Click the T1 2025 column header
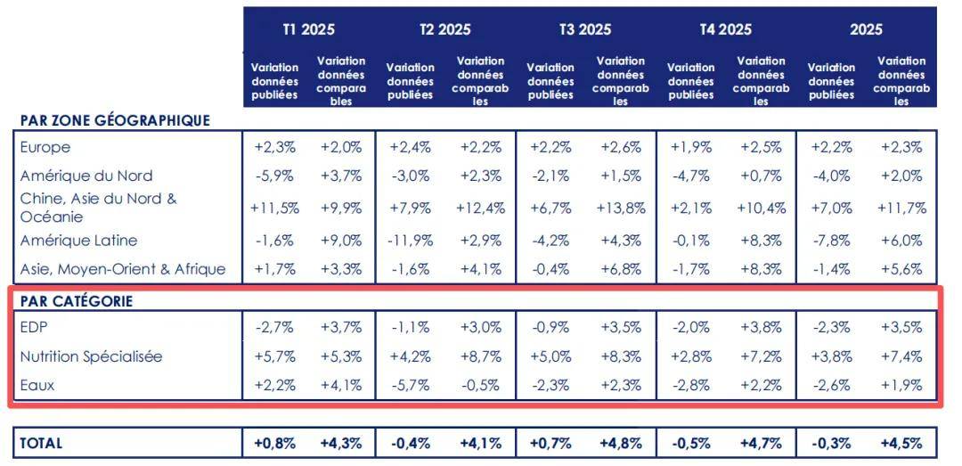tap(308, 29)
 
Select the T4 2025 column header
tap(725, 29)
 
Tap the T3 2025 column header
tap(585, 29)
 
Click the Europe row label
tap(45, 147)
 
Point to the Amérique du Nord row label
tap(86, 176)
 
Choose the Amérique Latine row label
tap(78, 240)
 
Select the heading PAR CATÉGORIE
tap(76, 301)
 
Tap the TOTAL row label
tap(41, 443)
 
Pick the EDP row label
tap(33, 327)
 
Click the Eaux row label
tap(36, 386)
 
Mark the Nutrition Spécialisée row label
tap(91, 356)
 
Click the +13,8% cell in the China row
tap(621, 208)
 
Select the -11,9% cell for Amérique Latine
tap(410, 240)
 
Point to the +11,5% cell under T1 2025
tap(274, 208)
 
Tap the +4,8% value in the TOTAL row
tap(621, 443)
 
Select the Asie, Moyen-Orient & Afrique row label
tap(123, 268)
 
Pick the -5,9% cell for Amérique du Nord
tap(274, 176)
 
